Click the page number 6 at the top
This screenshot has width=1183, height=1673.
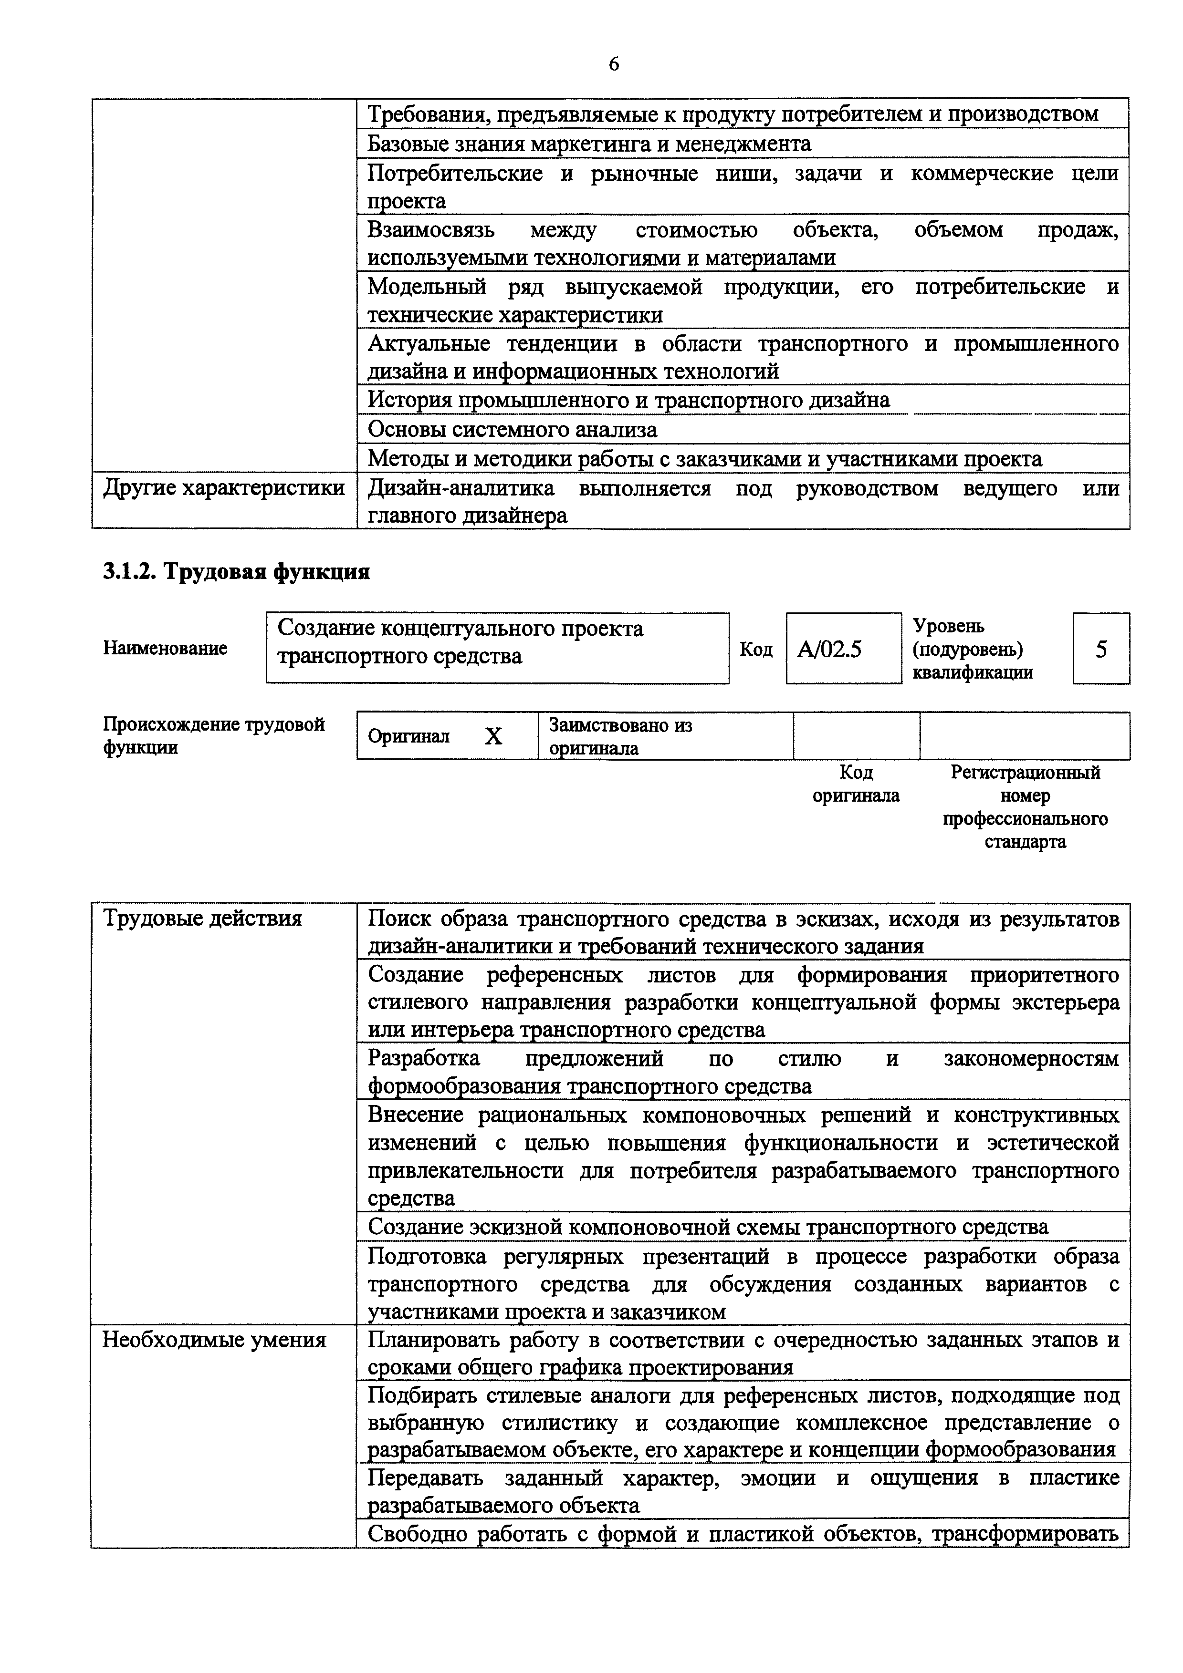click(x=614, y=65)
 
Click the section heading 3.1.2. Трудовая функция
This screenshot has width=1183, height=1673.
click(x=236, y=572)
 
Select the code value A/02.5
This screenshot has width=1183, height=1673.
click(x=829, y=649)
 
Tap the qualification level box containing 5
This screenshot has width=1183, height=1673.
click(x=1100, y=649)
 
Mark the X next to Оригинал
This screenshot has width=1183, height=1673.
click(x=493, y=737)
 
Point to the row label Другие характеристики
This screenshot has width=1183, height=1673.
click(x=224, y=487)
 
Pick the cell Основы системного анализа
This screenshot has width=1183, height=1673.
click(x=513, y=430)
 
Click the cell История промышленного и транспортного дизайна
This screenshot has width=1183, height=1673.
click(x=628, y=400)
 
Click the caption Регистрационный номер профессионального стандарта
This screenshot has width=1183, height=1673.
click(x=1025, y=806)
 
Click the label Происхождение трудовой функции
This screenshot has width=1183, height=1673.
click(x=214, y=735)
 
